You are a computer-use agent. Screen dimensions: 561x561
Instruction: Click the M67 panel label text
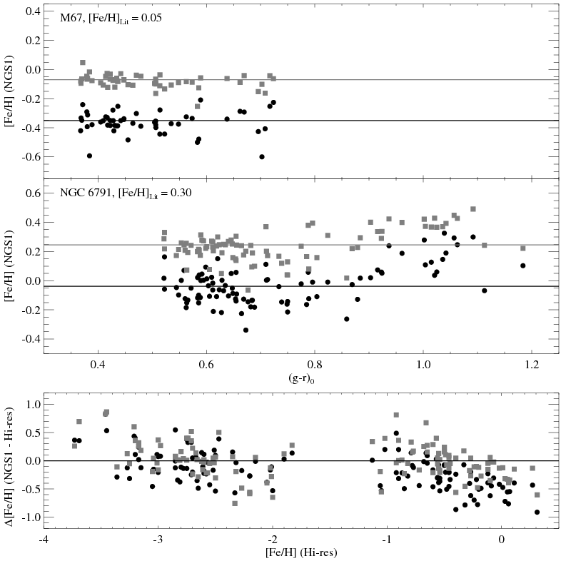[111, 18]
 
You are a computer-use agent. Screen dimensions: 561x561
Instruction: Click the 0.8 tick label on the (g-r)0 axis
[315, 362]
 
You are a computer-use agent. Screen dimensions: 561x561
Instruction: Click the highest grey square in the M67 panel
[83, 63]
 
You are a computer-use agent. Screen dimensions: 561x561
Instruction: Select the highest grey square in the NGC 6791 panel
[472, 209]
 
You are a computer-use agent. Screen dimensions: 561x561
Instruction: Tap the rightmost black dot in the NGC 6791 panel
[522, 266]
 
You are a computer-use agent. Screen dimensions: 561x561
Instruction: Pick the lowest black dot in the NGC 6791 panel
[246, 330]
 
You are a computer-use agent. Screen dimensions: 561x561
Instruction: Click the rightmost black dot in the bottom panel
[537, 512]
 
